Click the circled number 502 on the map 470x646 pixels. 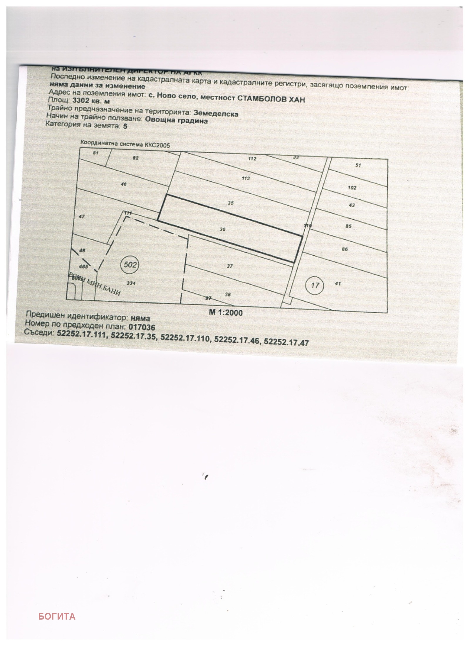click(130, 265)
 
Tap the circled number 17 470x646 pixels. click(315, 285)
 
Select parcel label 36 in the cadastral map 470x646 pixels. click(222, 229)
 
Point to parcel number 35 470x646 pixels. click(231, 203)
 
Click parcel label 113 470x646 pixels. click(246, 178)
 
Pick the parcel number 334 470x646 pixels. click(131, 283)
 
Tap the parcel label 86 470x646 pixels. click(345, 249)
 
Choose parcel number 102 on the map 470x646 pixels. click(352, 188)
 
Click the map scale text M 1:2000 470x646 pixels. click(226, 312)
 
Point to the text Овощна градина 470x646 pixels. click(176, 120)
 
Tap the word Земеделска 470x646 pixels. click(216, 113)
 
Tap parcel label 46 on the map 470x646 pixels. click(123, 184)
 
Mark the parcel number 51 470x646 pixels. click(358, 165)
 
